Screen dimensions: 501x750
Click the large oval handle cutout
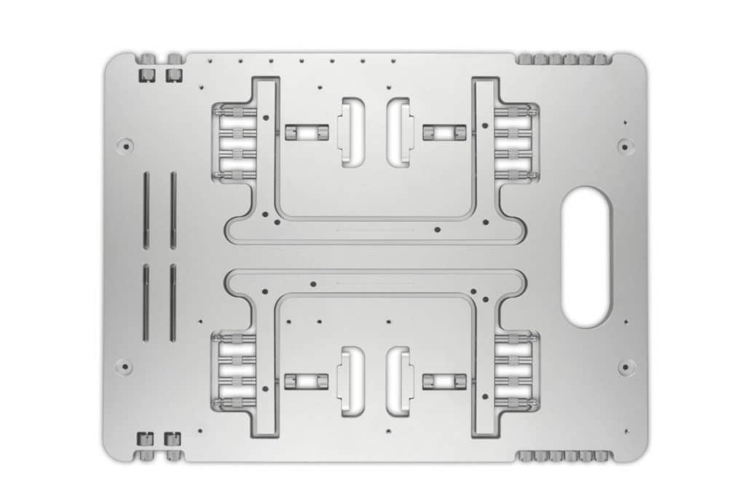[x=587, y=256]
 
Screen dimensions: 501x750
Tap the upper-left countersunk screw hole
[x=125, y=145]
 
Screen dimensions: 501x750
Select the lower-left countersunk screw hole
[x=125, y=366]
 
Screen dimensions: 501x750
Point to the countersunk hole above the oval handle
[x=625, y=146]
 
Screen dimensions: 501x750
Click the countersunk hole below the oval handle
[x=625, y=366]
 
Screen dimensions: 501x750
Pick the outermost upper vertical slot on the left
[x=146, y=210]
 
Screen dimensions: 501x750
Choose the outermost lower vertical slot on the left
[x=146, y=302]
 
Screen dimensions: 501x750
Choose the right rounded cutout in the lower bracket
[x=400, y=381]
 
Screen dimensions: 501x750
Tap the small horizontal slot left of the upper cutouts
[x=306, y=132]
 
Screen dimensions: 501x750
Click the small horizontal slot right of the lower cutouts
[x=444, y=381]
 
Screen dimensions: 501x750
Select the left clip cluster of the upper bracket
[x=234, y=143]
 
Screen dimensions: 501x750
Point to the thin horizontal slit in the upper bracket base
[x=375, y=230]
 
